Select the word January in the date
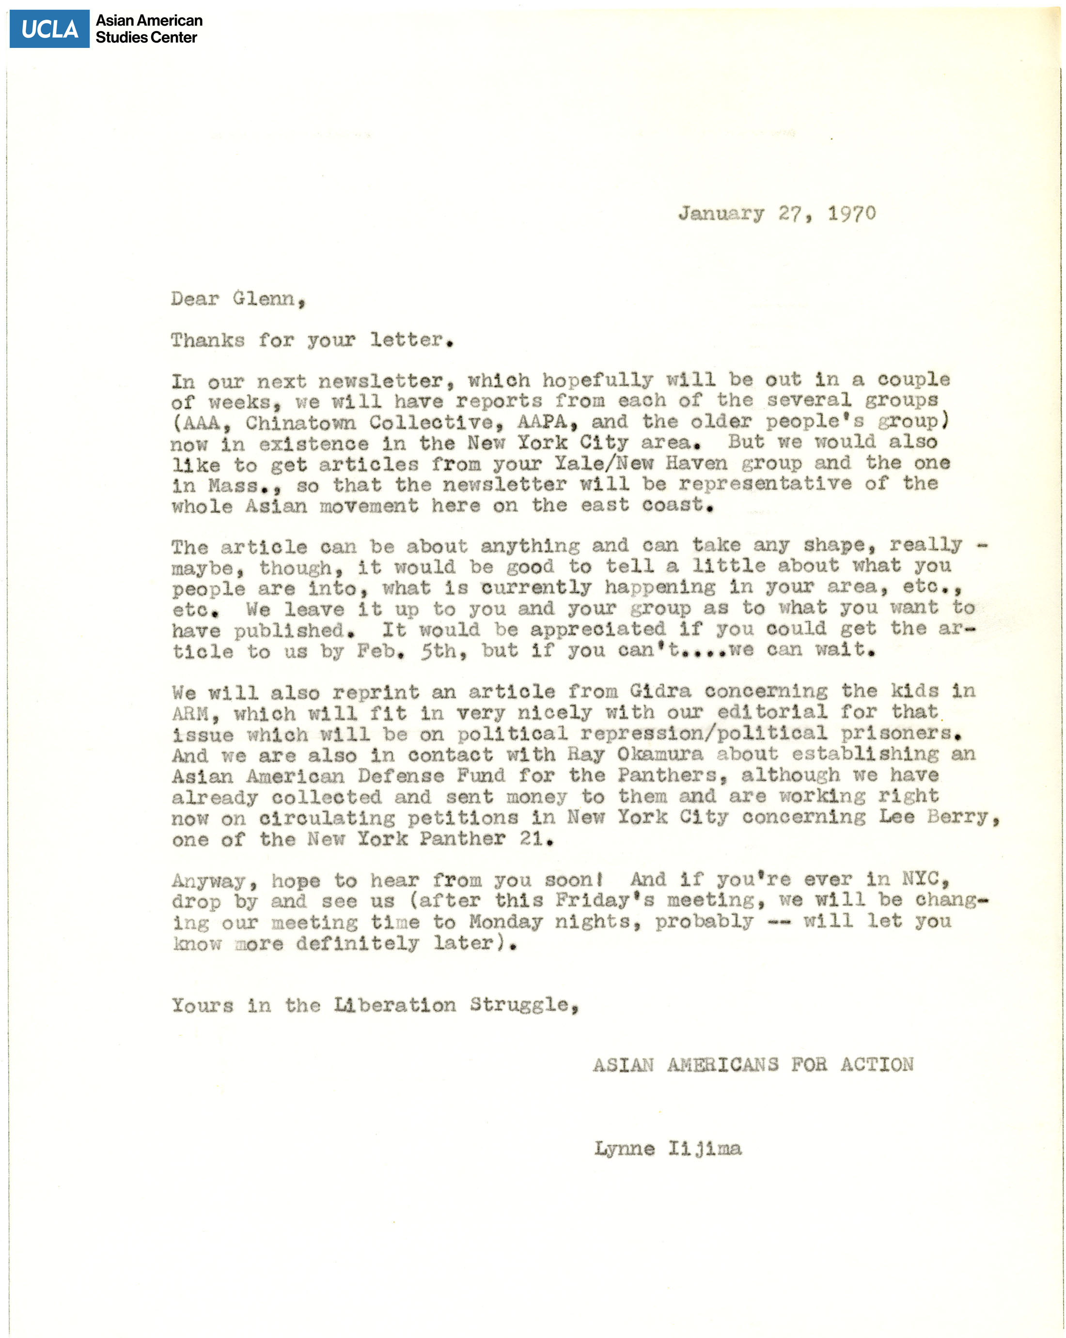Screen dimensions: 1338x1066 [x=720, y=214]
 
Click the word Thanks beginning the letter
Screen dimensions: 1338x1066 [x=207, y=340]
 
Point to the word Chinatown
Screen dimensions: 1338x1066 [x=300, y=423]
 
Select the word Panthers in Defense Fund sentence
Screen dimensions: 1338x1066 [x=671, y=775]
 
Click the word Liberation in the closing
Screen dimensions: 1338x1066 [x=394, y=1005]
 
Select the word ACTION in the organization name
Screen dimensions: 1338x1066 [x=876, y=1064]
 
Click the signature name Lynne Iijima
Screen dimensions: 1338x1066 [x=667, y=1149]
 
